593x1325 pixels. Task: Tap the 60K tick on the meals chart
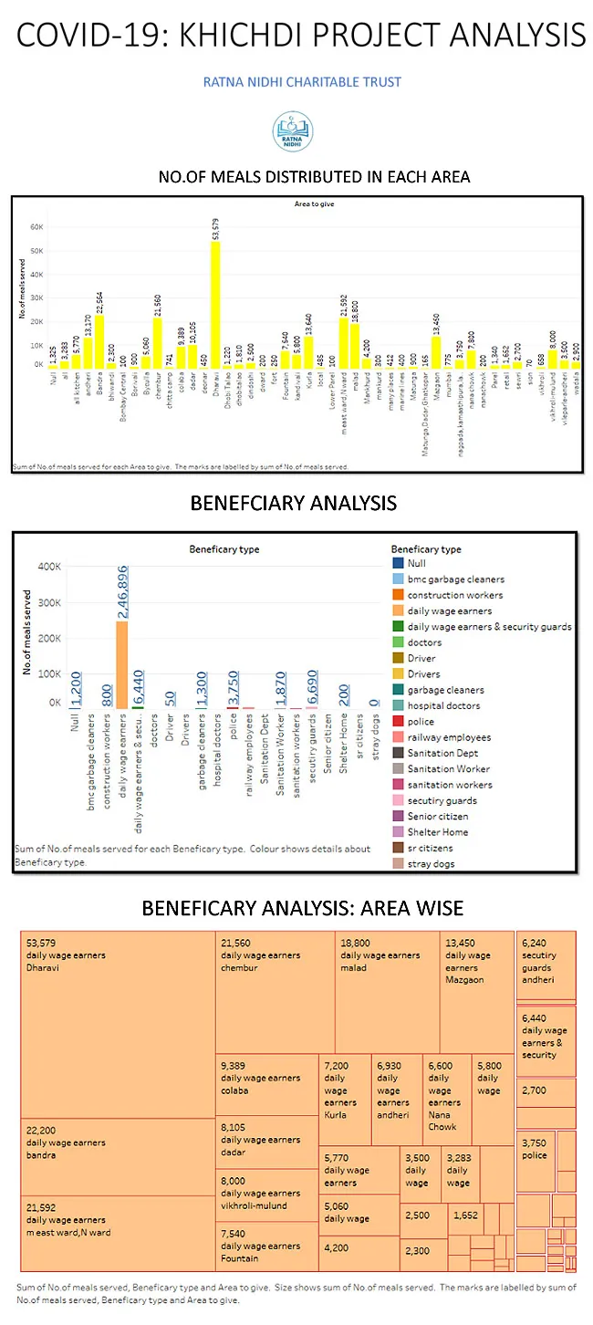38,226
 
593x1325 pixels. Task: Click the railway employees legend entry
448,737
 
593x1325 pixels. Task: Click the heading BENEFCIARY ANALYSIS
293,503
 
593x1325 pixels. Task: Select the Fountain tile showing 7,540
266,1245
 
